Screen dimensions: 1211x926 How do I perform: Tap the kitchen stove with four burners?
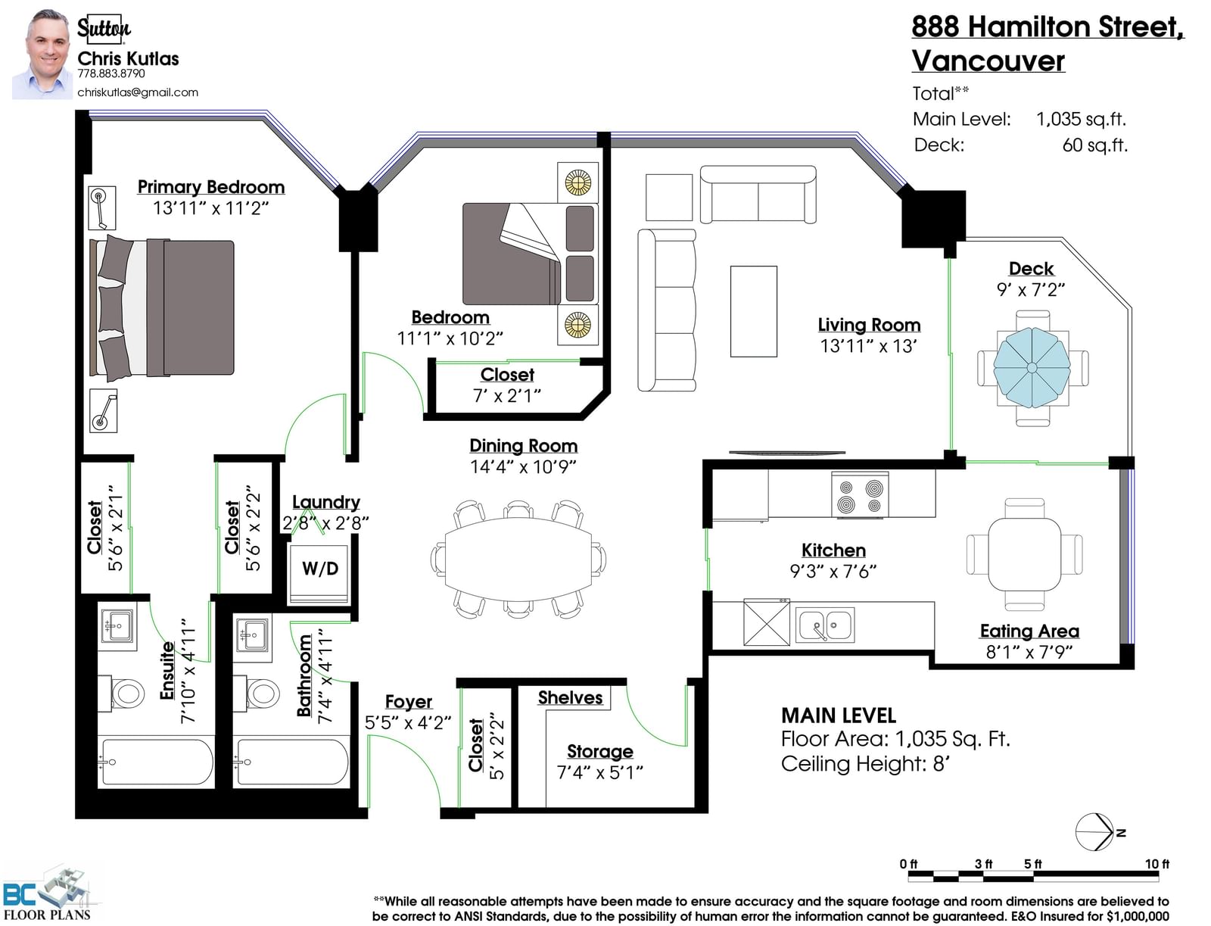pos(860,494)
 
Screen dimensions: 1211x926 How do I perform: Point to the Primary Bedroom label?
pos(210,187)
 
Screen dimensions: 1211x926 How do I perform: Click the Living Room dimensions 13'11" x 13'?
pos(868,346)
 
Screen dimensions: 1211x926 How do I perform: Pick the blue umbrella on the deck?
pos(1032,367)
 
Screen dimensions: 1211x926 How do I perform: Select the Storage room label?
pos(599,751)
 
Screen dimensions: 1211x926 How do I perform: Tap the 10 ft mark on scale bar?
pos(1157,864)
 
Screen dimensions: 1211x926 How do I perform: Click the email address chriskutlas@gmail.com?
pos(138,92)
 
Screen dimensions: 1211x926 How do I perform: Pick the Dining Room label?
pos(523,446)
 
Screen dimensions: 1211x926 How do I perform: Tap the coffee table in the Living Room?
pos(753,311)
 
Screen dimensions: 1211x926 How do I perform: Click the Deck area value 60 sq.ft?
pos(1094,145)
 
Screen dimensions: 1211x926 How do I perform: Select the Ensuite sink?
pos(117,626)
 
